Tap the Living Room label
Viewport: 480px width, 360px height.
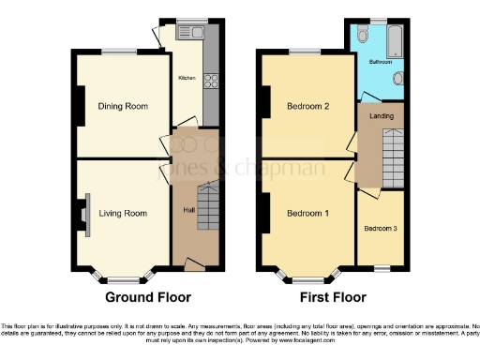coord(123,214)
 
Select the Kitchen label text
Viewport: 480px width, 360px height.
coord(187,78)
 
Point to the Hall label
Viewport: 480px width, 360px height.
coord(188,209)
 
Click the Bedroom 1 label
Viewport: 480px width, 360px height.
coord(307,214)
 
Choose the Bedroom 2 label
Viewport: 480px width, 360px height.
coord(307,106)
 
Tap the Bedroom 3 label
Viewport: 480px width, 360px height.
coord(381,229)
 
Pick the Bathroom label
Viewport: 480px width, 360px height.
coord(380,61)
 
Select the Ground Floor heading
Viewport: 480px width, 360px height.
coord(148,297)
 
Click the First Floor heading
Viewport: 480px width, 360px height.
coord(332,297)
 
